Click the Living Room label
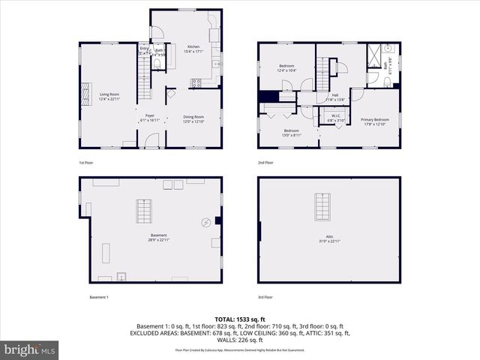tap(109, 96)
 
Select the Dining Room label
tap(194, 118)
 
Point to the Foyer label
tap(150, 118)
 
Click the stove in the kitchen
tap(196, 83)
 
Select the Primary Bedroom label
tap(374, 121)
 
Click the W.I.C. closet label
tap(331, 118)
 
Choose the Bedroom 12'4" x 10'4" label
tap(286, 68)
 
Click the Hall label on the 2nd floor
tap(335, 97)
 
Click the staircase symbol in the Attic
tap(322, 206)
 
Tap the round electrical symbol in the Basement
tap(205, 222)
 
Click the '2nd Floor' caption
tap(265, 163)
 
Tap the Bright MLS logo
tap(30, 349)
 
